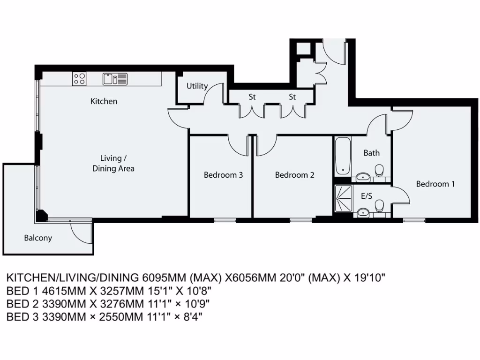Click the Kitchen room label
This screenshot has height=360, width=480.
click(x=104, y=101)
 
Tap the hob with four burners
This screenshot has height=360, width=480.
click(x=79, y=79)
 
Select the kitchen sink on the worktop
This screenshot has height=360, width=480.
click(x=115, y=79)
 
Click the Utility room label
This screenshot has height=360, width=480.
click(x=197, y=86)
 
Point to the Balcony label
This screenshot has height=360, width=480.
click(x=38, y=238)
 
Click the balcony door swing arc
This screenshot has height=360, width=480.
click(x=80, y=232)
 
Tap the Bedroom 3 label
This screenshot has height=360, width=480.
click(x=223, y=175)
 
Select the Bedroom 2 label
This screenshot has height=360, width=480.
click(x=294, y=175)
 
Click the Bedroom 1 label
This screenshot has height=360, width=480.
click(x=435, y=184)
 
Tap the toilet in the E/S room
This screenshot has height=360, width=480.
click(x=380, y=205)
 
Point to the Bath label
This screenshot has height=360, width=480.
click(x=371, y=153)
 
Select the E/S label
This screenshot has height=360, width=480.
click(x=366, y=196)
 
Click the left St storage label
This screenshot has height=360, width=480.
click(x=252, y=97)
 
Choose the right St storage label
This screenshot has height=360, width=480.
click(x=292, y=97)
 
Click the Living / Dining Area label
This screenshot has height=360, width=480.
click(x=113, y=163)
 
